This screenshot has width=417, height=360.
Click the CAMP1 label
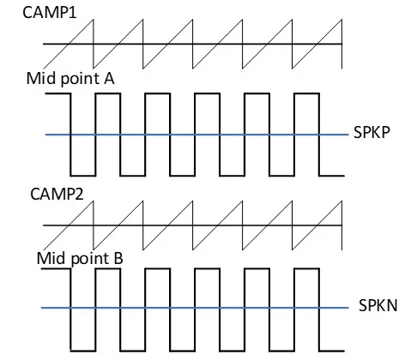click(x=50, y=13)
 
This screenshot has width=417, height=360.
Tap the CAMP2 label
click(x=57, y=194)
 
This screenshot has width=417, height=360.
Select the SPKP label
click(x=372, y=132)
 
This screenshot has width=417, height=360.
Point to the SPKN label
click(x=378, y=305)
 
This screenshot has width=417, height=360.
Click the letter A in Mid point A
click(x=109, y=78)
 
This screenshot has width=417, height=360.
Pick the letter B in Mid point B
click(x=118, y=258)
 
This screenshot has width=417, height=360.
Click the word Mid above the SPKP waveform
click(x=40, y=78)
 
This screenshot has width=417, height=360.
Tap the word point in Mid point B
click(x=90, y=259)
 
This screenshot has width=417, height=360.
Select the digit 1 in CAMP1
click(x=73, y=13)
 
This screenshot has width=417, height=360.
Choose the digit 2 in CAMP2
click(x=79, y=194)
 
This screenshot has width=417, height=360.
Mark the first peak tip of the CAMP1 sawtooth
click(x=94, y=20)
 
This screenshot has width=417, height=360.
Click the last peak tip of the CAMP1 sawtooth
click(x=341, y=20)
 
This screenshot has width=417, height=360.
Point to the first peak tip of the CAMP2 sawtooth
click(x=94, y=201)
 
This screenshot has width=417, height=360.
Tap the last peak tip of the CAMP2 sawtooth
click(x=341, y=201)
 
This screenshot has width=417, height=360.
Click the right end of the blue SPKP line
click(x=348, y=135)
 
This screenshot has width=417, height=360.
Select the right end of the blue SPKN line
click(x=348, y=308)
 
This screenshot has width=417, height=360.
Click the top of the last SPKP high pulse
click(x=306, y=93)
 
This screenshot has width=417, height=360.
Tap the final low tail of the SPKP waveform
click(x=332, y=176)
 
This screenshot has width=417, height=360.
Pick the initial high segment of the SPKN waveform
click(x=56, y=269)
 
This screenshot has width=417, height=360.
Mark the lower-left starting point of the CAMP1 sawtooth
click(x=44, y=69)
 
